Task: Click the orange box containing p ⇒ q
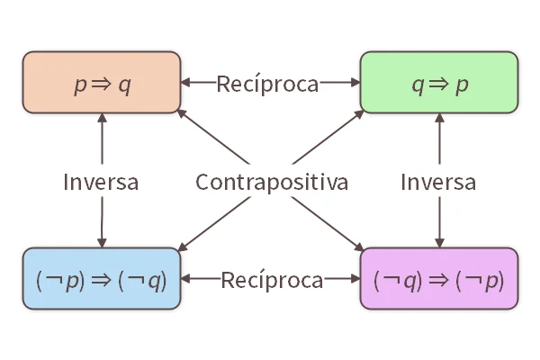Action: pos(101,83)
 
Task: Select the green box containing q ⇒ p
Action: pos(439,83)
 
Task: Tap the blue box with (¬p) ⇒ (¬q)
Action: pos(101,279)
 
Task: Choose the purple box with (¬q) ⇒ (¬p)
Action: pos(439,279)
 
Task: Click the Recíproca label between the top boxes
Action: pos(267,84)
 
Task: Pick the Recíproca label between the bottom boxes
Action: pos(272,280)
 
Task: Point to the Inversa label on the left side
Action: pos(101,182)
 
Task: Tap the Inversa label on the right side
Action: pos(438,182)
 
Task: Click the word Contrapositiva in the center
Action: pos(272,182)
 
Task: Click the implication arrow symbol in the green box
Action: pos(439,85)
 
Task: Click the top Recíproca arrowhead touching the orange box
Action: pos(186,83)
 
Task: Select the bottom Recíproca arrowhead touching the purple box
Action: pos(355,279)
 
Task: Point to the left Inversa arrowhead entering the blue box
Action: pos(101,242)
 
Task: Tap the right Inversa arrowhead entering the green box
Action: pos(438,119)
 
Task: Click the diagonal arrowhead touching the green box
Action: pos(359,114)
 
